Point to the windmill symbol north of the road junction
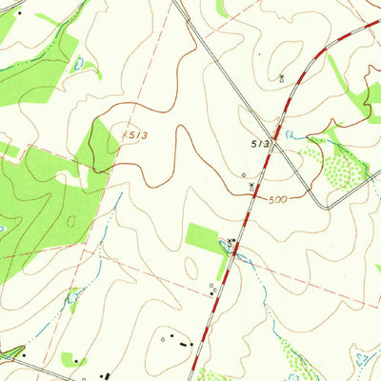[x=281, y=76]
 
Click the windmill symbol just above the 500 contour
[x=251, y=187]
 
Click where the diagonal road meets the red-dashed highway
[x=279, y=132]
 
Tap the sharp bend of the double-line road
[x=328, y=205]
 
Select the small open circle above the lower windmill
[x=244, y=174]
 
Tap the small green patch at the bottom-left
[x=70, y=359]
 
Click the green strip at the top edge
[x=222, y=8]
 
